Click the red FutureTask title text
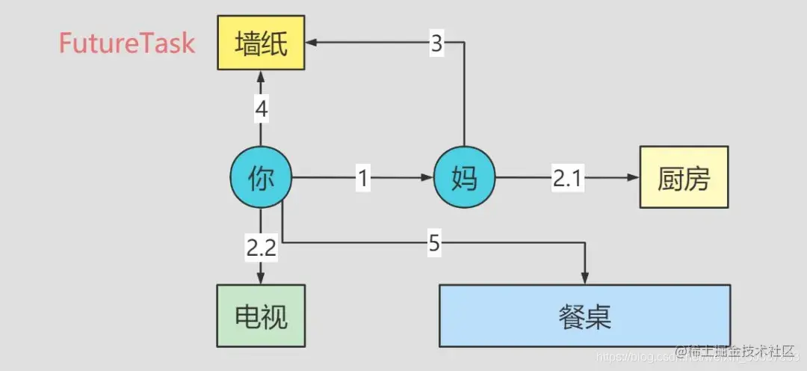(127, 43)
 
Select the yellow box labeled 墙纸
(261, 43)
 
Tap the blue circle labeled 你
(260, 178)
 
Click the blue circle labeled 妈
(464, 178)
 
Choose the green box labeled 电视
(260, 316)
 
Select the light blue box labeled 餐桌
(584, 315)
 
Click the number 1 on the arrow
(362, 178)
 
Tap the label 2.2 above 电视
(260, 248)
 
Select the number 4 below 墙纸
(260, 110)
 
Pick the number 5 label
(435, 242)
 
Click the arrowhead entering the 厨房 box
(634, 178)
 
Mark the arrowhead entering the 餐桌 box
(585, 278)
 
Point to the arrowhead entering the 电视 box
(260, 279)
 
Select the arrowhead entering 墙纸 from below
(260, 76)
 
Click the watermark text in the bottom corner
(736, 352)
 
